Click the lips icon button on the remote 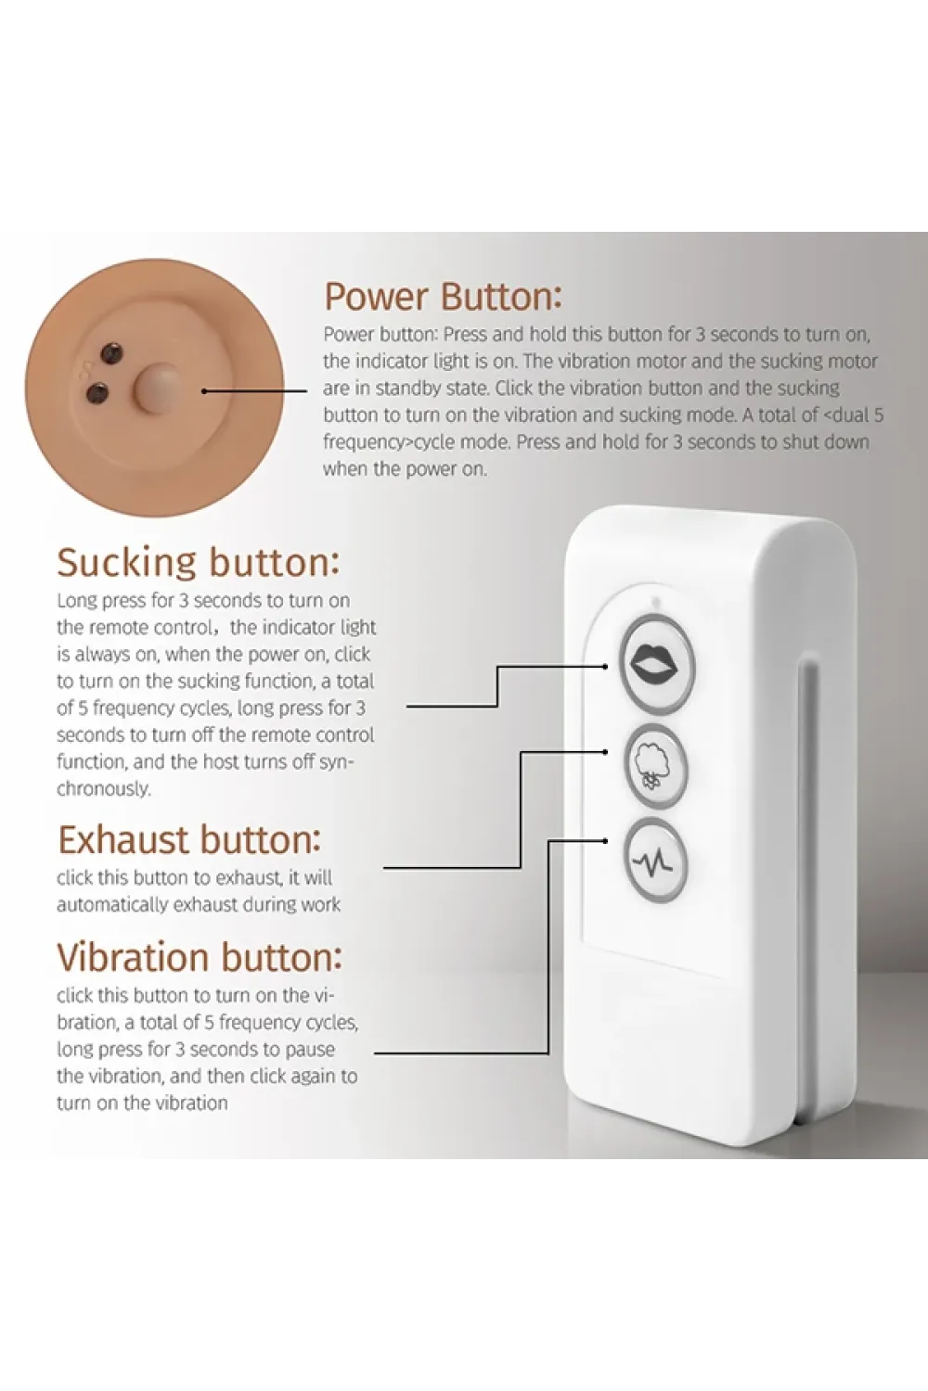click(x=656, y=664)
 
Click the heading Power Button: click(x=444, y=297)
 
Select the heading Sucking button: click(x=199, y=563)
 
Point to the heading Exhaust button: click(x=189, y=840)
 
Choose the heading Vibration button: click(x=200, y=958)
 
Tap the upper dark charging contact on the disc click(x=112, y=352)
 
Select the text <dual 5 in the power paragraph click(x=853, y=415)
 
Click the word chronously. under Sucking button click(x=104, y=788)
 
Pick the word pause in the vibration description click(x=309, y=1050)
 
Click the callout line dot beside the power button click(x=204, y=391)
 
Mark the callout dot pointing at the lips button click(x=605, y=667)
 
